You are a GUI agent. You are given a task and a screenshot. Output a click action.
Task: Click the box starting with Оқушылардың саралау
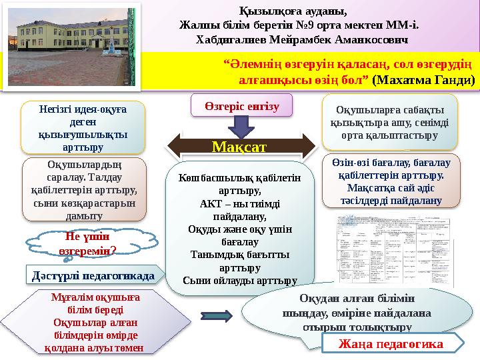tap(84, 189)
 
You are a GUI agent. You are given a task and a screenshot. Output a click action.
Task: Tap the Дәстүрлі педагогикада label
tap(94, 275)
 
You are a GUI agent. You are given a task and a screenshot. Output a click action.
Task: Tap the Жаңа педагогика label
tap(391, 344)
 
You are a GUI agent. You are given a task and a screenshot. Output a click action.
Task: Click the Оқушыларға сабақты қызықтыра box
tap(391, 124)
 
